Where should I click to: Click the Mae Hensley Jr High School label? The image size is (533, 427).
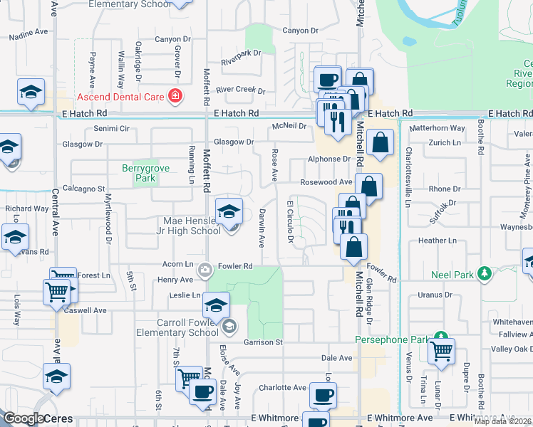point(192,226)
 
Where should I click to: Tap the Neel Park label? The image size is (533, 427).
point(452,273)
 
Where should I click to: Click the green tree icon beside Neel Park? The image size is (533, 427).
point(485,273)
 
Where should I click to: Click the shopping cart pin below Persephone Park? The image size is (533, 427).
point(441,351)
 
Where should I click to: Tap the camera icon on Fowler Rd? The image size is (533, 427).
point(205,269)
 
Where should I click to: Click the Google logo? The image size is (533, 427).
point(24,418)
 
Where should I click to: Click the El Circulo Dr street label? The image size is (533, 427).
point(290,221)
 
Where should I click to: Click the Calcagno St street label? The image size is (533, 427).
point(83,189)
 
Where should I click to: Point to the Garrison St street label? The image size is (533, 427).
point(263,342)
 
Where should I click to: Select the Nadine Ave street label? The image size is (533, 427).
point(27,32)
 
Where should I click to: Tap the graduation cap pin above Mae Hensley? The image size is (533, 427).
point(229,212)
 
